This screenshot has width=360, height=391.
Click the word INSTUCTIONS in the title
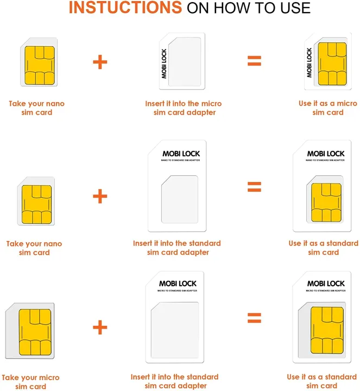coord(125,8)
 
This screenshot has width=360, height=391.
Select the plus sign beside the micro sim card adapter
coord(100,61)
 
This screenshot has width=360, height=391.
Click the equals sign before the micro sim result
coord(254,61)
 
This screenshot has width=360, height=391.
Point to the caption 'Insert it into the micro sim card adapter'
coord(183,108)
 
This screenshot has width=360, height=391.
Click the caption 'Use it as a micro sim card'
coord(327,108)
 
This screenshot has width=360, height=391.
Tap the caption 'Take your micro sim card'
coord(30,382)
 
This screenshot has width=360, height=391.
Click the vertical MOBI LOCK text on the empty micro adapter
coord(164,64)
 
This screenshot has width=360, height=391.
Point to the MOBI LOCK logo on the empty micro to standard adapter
coord(178,283)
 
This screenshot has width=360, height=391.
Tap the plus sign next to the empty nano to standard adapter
coord(100,196)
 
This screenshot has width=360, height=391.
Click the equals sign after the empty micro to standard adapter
coord(254,317)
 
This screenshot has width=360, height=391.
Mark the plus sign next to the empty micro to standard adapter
coord(100,327)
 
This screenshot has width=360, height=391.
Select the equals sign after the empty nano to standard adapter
coord(254,187)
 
